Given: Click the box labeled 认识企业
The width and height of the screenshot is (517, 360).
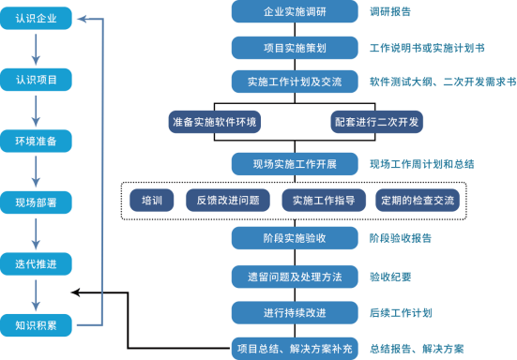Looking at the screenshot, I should [x=36, y=18].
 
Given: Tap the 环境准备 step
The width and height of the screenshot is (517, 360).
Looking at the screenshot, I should [x=36, y=142].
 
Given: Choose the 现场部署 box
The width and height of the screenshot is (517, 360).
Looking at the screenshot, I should [x=36, y=202].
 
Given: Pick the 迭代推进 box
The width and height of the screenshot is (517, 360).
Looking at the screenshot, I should [x=36, y=264].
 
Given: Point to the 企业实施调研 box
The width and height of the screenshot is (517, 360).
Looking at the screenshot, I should [x=294, y=12].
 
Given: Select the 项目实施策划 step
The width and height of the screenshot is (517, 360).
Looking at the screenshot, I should [x=294, y=47].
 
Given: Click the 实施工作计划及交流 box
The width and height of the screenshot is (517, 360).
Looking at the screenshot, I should [x=294, y=82].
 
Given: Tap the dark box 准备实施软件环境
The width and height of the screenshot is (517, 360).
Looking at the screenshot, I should [x=214, y=122].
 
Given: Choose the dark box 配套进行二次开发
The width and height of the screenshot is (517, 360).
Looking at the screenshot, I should [x=376, y=122].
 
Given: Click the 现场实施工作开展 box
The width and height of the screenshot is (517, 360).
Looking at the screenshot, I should [x=294, y=164].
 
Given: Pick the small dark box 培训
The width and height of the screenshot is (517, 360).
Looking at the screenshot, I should [x=152, y=200].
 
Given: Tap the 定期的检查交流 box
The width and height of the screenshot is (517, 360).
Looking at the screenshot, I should [x=417, y=200].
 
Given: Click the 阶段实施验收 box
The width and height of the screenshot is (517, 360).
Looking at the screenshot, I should [x=294, y=238].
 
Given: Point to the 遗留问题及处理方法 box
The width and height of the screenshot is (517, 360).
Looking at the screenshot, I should [x=294, y=277].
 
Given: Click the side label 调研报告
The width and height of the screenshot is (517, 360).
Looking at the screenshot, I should [x=390, y=12].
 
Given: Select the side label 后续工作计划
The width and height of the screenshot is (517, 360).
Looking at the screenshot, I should [x=401, y=312].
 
